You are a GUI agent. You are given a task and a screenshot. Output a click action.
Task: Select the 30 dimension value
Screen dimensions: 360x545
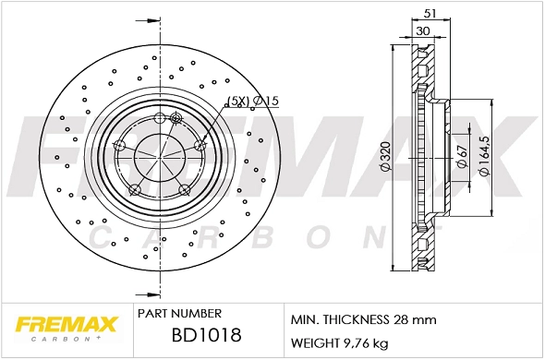point(422,30)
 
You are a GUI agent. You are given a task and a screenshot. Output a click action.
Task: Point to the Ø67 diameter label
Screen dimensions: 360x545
point(461,158)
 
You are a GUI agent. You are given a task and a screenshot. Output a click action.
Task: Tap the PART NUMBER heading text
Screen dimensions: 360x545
point(178,314)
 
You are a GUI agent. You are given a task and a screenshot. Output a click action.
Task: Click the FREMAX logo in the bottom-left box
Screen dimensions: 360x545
point(66,325)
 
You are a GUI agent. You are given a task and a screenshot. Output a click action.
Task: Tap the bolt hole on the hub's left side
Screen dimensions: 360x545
point(118,146)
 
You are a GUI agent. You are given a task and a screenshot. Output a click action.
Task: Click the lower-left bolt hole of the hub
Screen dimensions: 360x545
point(135,190)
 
